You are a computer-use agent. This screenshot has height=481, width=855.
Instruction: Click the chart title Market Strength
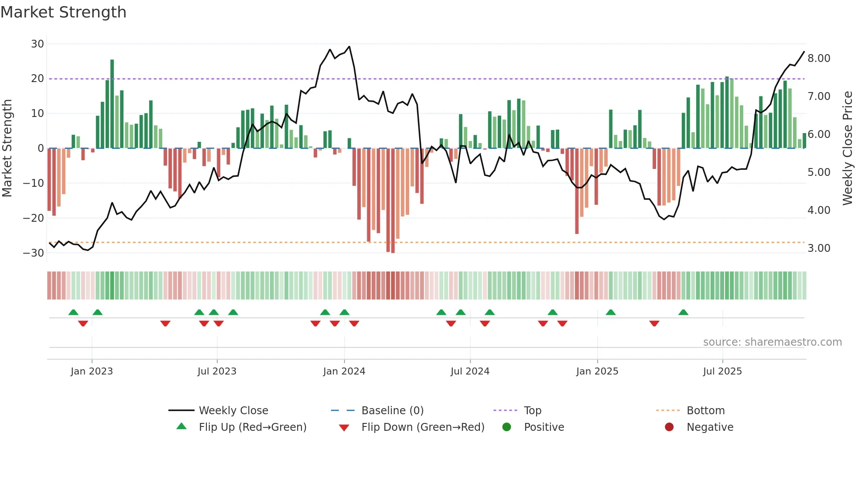point(63,12)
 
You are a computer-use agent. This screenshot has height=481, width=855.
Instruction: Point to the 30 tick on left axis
point(38,44)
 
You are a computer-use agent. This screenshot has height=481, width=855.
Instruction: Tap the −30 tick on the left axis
point(34,253)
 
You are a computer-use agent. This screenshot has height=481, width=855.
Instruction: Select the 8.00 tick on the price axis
point(819,58)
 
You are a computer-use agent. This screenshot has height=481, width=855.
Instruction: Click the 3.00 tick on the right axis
point(819,248)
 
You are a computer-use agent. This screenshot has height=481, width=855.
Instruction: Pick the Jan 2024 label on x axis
point(344,371)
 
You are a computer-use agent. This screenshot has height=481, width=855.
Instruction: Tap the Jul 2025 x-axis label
point(722,371)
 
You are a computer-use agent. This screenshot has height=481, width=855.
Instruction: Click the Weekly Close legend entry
point(233,411)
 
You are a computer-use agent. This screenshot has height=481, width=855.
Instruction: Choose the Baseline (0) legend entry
point(392,411)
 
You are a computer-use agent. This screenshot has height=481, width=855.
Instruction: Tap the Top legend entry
point(533,411)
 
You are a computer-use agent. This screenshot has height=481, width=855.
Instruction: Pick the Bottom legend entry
point(705,411)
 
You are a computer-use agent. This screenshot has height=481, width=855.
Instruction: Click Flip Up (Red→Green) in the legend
point(253,427)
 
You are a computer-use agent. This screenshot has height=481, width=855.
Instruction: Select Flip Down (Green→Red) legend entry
point(423,427)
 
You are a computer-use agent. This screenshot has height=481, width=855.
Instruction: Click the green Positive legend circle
point(506,427)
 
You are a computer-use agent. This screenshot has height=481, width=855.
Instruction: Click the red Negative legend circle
point(669,427)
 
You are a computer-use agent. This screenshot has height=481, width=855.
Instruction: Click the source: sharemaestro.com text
point(772,342)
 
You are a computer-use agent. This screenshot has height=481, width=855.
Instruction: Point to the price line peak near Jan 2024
point(349,47)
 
